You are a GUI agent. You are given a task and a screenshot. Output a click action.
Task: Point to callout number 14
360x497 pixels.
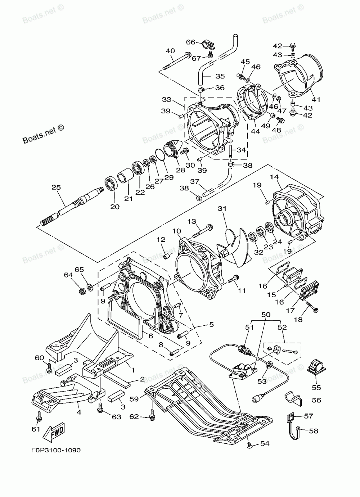click(x=274, y=177)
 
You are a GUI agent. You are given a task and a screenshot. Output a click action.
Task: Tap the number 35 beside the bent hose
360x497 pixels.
click(x=220, y=76)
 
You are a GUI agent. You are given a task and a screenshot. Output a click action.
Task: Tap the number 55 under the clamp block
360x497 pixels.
click(x=316, y=388)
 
